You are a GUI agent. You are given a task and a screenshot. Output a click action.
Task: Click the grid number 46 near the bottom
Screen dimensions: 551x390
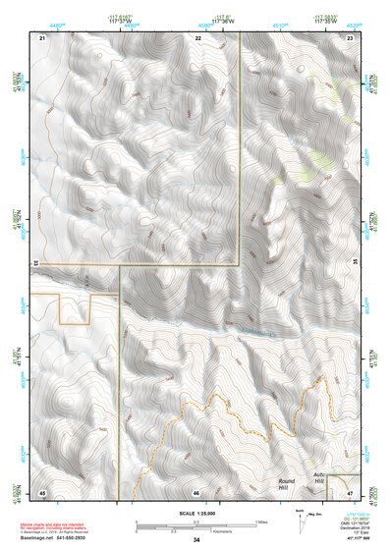click(196, 492)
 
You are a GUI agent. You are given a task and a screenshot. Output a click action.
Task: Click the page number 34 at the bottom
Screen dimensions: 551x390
click(196, 540)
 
